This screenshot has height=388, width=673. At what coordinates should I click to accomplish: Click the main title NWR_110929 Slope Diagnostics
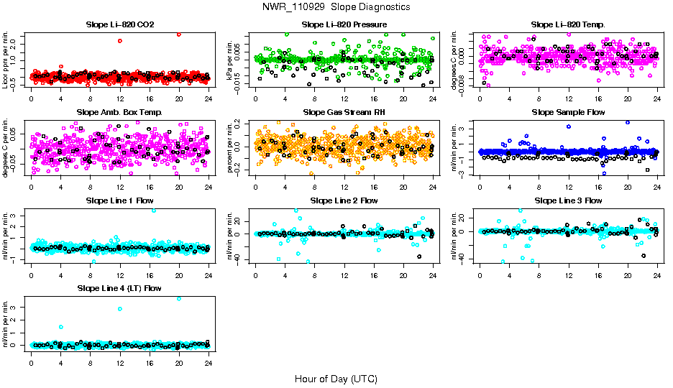pos(336,6)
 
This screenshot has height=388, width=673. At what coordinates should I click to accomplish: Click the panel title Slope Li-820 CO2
pos(119,24)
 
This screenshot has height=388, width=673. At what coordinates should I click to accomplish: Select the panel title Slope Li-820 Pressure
pos(344,24)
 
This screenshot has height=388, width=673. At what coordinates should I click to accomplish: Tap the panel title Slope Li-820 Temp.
pos(568,24)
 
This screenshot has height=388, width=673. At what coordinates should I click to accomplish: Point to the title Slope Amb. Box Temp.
pos(119,112)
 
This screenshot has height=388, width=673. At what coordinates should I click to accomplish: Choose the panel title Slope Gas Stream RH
pos(344,112)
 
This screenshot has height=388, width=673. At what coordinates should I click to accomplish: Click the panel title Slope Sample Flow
pos(568,112)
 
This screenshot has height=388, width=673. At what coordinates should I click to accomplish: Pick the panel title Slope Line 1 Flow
pos(119,200)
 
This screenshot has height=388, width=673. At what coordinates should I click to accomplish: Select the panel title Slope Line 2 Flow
pos(344,200)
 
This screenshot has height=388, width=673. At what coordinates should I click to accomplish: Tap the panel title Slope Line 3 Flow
pos(568,200)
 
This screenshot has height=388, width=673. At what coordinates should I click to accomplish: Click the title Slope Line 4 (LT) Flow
pos(119,287)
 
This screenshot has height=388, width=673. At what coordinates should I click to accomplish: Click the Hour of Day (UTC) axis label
pos(336,378)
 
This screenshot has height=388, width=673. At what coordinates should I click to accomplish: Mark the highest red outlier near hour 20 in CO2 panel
pos(179,34)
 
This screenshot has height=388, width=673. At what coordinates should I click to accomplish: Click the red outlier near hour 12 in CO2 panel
pos(120,40)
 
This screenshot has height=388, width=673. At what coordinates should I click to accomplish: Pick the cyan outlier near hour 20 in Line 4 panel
pos(179,298)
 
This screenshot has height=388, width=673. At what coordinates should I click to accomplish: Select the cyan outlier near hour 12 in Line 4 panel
pos(120,309)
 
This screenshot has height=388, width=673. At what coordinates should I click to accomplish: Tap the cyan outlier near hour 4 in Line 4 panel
pos(61,327)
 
